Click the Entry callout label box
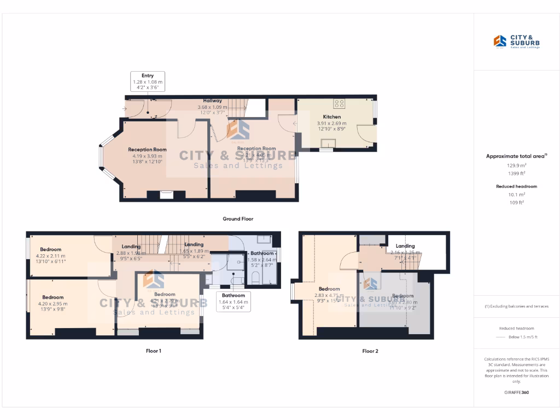(148, 81)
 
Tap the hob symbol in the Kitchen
(339, 103)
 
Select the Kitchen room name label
(331, 116)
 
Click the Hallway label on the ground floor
(212, 101)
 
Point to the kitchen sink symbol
(329, 144)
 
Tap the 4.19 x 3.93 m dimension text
(147, 156)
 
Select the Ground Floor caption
(237, 219)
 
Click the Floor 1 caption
(153, 351)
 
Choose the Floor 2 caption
(370, 351)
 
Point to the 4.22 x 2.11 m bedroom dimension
(50, 256)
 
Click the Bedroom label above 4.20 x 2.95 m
(53, 297)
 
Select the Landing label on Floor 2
(405, 246)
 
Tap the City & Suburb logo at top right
(517, 42)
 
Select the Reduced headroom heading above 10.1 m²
(517, 186)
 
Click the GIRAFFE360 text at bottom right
(517, 392)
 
